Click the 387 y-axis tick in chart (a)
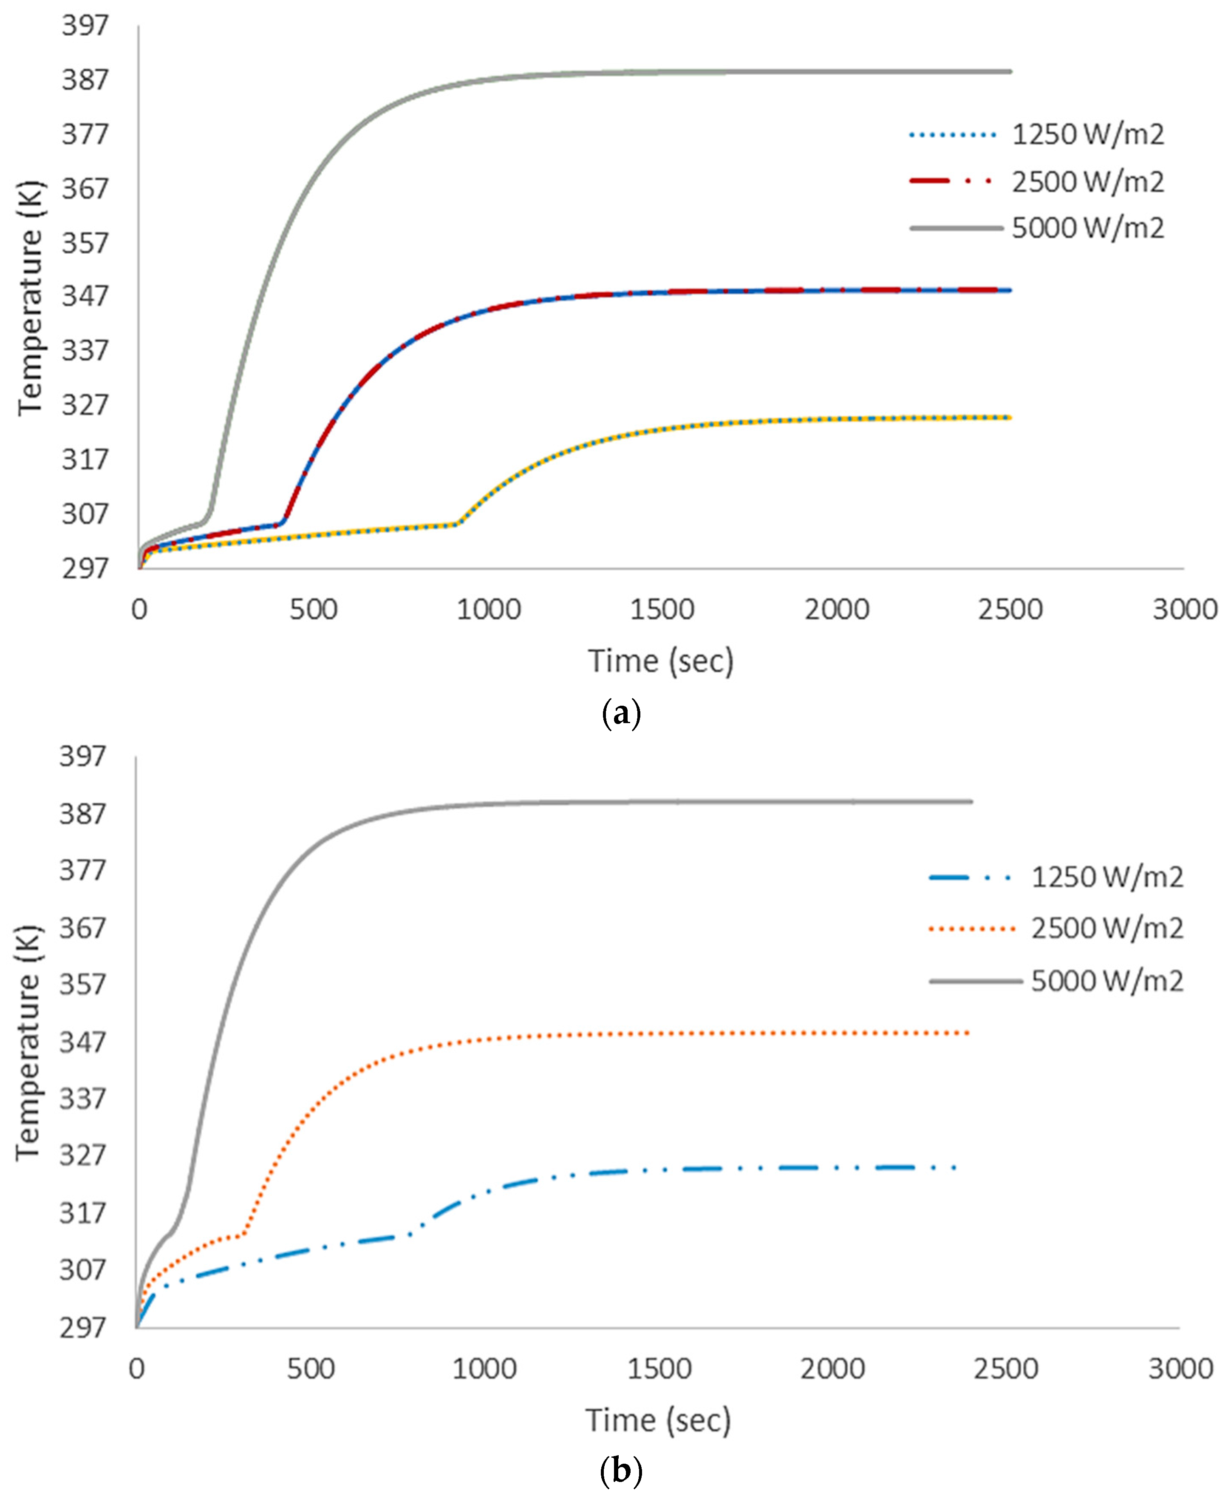click(x=85, y=79)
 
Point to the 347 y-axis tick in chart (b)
click(x=82, y=1043)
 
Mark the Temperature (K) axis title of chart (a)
click(x=31, y=298)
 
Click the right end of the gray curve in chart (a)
click(x=1010, y=72)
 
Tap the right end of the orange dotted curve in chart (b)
click(x=969, y=1033)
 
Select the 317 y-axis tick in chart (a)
click(x=85, y=460)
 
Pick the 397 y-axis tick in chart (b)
click(x=82, y=757)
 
